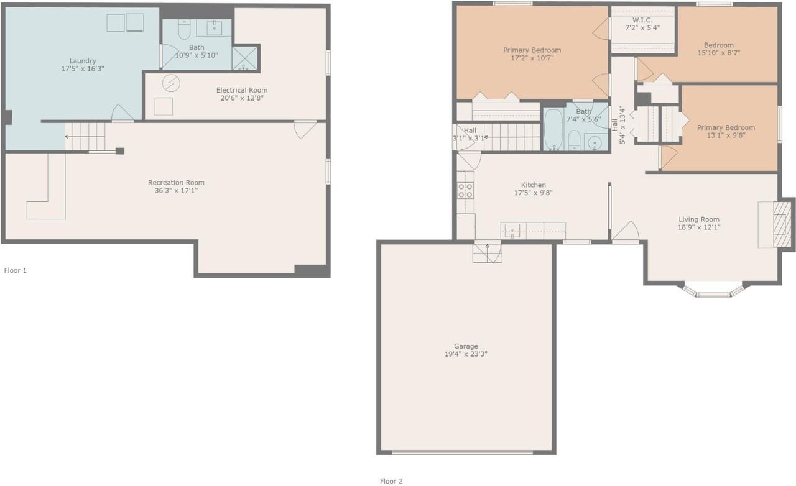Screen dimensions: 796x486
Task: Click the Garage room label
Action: click(x=466, y=346)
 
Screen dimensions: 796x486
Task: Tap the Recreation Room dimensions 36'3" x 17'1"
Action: click(x=176, y=190)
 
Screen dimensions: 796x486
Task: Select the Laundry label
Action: click(x=83, y=61)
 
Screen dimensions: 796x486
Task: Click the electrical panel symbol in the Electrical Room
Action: click(x=171, y=83)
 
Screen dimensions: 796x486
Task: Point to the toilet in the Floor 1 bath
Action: click(x=184, y=29)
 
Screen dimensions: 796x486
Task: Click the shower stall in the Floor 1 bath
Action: click(x=244, y=58)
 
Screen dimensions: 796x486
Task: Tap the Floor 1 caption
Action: click(x=16, y=270)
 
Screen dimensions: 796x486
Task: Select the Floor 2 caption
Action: click(x=391, y=481)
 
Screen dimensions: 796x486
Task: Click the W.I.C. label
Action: click(x=642, y=21)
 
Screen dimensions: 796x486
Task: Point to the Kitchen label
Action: click(x=533, y=185)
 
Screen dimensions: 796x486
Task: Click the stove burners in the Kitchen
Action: click(x=465, y=190)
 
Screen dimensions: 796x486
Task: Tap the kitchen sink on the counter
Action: click(x=512, y=231)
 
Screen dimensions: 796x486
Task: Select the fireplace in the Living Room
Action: click(x=780, y=224)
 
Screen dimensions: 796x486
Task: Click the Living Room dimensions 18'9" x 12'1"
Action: click(x=698, y=227)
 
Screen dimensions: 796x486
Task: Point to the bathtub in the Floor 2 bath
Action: click(x=553, y=129)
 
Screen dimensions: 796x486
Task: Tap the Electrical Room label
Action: click(x=242, y=90)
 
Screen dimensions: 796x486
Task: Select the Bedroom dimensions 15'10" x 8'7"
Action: click(x=718, y=53)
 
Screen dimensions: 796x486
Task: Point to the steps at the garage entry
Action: click(x=487, y=253)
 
